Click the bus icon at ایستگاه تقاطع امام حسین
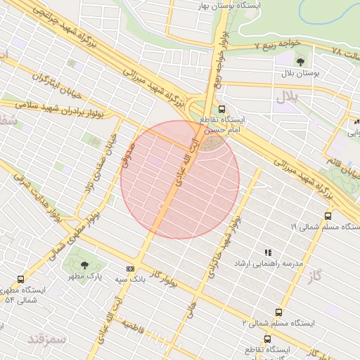coord(222,109)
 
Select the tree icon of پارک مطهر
coord(85,265)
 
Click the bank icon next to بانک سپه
coord(130,269)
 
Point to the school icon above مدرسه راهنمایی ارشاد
coord(267,252)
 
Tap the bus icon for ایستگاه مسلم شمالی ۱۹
coord(328,216)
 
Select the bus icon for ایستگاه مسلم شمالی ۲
coord(278,311)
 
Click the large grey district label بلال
coord(288,95)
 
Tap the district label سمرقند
coord(46,339)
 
